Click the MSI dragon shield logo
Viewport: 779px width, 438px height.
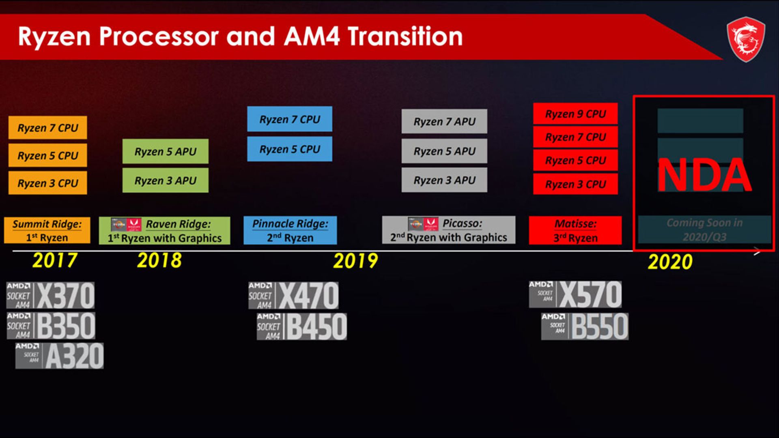click(x=746, y=39)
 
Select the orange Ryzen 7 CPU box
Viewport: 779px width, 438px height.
click(x=47, y=128)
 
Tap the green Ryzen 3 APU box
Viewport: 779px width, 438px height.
click(x=165, y=180)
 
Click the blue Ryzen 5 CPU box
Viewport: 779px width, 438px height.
click(x=289, y=149)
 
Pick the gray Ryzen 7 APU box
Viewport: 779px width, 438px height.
click(x=444, y=121)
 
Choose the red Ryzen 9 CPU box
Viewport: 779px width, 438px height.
click(x=575, y=114)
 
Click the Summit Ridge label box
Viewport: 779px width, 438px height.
click(x=47, y=230)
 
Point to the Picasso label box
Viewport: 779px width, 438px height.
click(x=448, y=230)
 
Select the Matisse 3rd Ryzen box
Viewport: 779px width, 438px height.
click(x=575, y=230)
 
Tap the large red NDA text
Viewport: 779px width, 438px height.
click(x=704, y=175)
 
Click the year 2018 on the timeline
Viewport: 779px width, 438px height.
click(x=159, y=260)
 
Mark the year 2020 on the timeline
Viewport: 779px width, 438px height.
click(x=670, y=262)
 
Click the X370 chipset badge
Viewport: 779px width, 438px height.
click(x=51, y=296)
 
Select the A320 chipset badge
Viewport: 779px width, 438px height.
click(x=60, y=356)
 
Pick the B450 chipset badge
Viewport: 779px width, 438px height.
click(x=302, y=326)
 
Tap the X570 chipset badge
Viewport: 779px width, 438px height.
click(x=575, y=294)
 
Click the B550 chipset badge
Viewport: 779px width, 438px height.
click(x=585, y=326)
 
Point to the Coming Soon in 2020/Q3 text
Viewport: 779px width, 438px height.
click(x=704, y=230)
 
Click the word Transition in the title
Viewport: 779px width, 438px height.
click(x=405, y=36)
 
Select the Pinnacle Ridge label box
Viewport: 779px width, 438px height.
click(x=290, y=230)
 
